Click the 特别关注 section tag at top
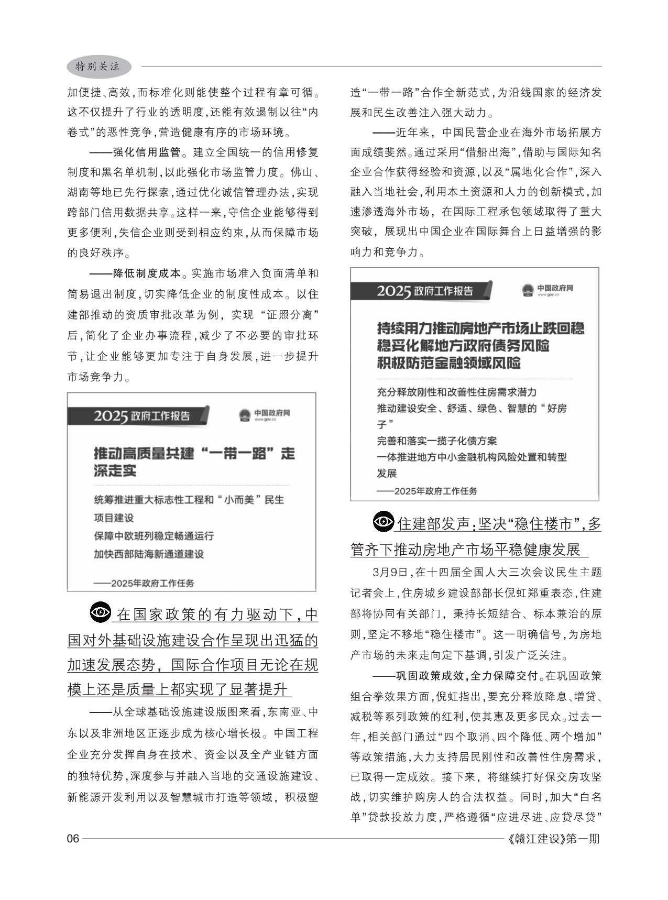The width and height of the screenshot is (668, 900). (x=98, y=67)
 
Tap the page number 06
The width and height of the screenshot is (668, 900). (x=73, y=839)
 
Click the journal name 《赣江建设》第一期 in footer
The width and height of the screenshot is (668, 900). (x=554, y=839)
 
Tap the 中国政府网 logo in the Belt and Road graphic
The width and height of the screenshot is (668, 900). (x=265, y=415)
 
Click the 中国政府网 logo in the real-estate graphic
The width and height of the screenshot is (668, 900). (x=547, y=290)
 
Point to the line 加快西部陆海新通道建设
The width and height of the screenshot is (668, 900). (x=149, y=554)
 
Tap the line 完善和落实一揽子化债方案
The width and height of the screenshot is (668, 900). (x=437, y=441)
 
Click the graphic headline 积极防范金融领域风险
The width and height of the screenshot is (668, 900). (x=448, y=363)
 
